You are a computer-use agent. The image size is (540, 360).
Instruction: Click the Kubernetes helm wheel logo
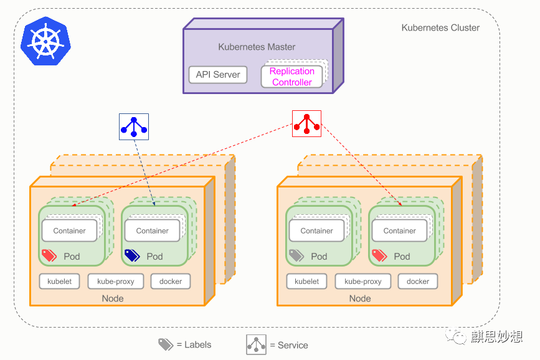[46, 41]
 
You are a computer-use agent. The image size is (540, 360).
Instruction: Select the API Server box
[218, 75]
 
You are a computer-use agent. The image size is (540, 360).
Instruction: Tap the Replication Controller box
[291, 77]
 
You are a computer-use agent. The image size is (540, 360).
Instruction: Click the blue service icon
[134, 127]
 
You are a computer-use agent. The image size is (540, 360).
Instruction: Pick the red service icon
[306, 124]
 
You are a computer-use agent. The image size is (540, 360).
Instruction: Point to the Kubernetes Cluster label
[440, 28]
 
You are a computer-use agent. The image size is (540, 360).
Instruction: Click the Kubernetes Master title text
[257, 47]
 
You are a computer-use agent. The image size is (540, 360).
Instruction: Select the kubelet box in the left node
[60, 282]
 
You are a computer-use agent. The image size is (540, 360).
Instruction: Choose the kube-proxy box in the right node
[363, 282]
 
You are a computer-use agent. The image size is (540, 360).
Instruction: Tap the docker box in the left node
[171, 282]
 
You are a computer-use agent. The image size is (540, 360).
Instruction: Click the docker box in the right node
[418, 282]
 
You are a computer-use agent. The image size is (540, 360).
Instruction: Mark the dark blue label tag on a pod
[132, 255]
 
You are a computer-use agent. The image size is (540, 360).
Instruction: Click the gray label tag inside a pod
[296, 255]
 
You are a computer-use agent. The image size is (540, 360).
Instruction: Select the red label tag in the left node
[49, 255]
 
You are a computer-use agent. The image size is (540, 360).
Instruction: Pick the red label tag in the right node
[379, 255]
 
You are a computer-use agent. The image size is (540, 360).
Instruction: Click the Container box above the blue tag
[152, 230]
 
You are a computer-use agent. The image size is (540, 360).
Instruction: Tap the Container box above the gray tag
[317, 230]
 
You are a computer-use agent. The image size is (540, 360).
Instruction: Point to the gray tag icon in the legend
[166, 344]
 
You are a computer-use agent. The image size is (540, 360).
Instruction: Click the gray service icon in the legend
[256, 344]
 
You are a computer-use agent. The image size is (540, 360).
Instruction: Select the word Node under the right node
[360, 298]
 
